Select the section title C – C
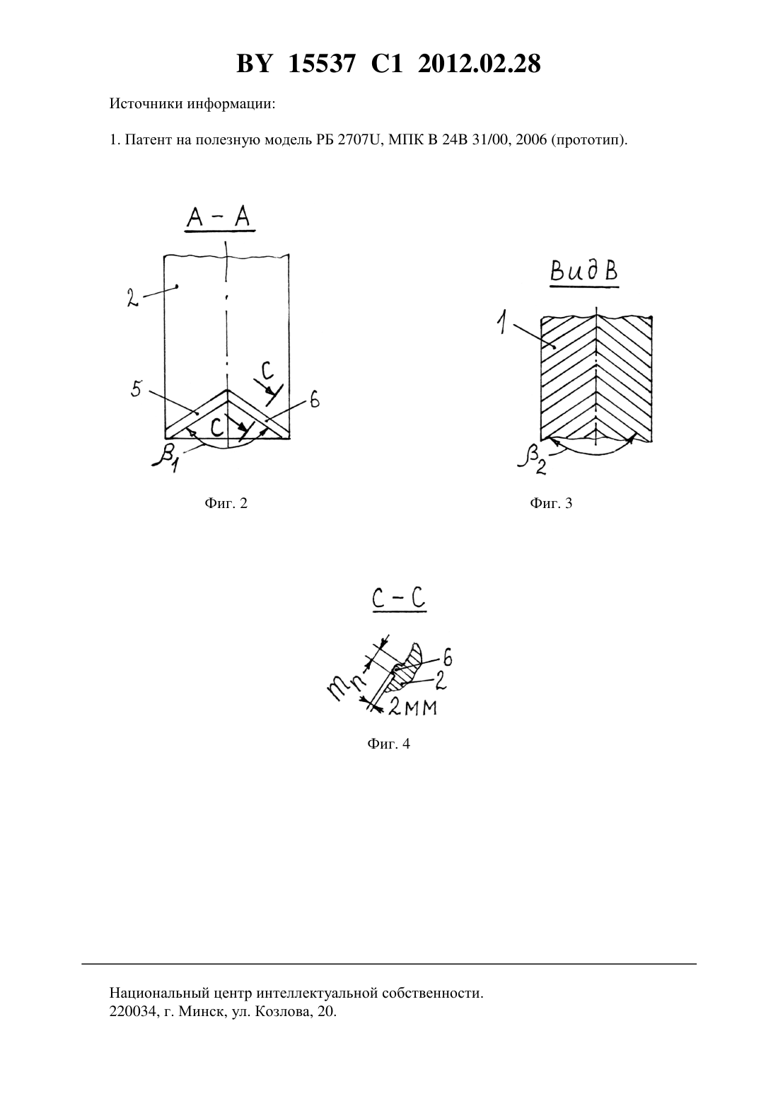399,599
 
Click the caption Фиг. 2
226,503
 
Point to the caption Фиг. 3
551,503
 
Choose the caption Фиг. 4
388,743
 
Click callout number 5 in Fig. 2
137,388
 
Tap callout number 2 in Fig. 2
132,298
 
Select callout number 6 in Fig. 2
314,400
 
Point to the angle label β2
531,461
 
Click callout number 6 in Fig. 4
447,657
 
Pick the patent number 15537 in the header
321,64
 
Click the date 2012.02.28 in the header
479,64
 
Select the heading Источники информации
192,104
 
